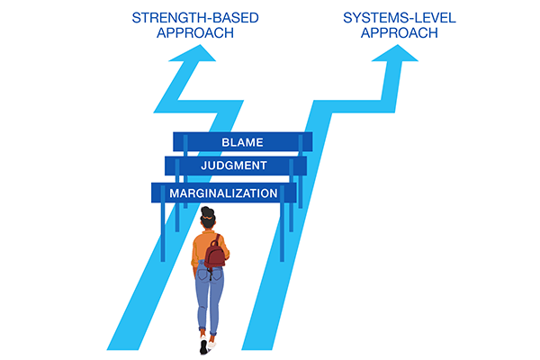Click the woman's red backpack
215,255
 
